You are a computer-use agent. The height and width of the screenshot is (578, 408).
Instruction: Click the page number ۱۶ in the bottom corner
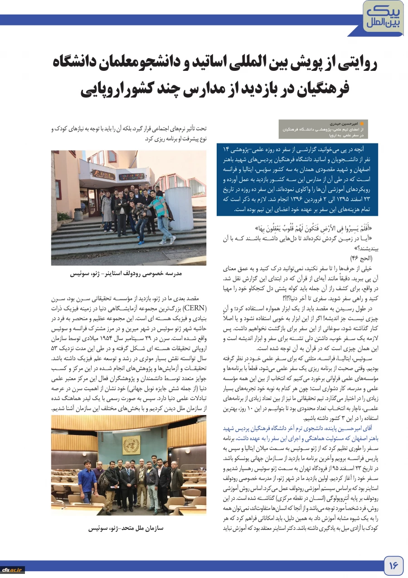(x=393, y=565)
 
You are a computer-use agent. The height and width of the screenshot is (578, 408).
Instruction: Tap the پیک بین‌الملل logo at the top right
(x=384, y=16)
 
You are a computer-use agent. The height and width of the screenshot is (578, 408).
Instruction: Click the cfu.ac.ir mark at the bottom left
(x=12, y=569)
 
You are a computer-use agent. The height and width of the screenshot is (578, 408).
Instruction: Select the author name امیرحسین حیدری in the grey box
(x=344, y=123)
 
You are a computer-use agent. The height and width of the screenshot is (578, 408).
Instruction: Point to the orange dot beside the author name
(x=361, y=123)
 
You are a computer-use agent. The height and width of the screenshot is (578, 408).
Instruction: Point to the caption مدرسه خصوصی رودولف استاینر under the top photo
(x=126, y=274)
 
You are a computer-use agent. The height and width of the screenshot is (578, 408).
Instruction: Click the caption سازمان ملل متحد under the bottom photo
(x=126, y=528)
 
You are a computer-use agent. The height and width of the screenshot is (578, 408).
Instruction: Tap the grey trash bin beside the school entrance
(x=78, y=214)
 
